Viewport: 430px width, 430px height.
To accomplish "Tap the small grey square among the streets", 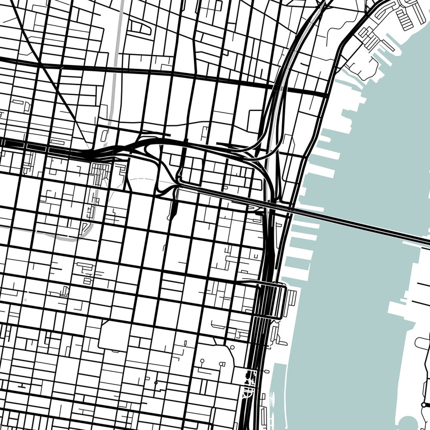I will (26, 300).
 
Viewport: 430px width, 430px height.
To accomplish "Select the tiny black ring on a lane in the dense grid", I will (156, 383).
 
